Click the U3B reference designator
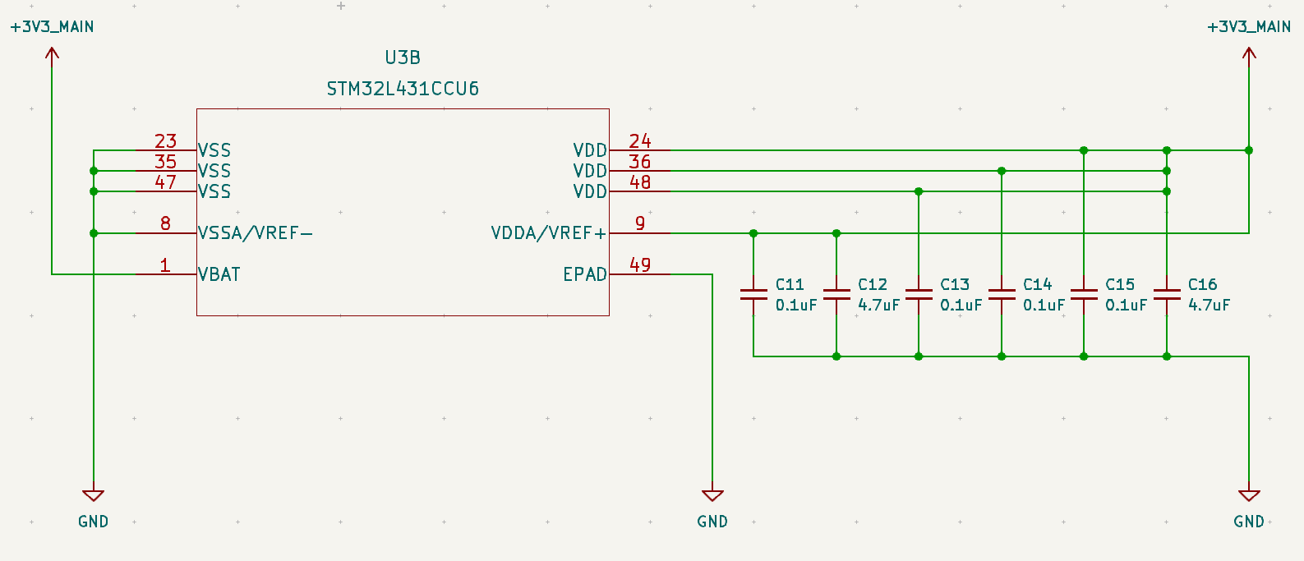click(403, 57)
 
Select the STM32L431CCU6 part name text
click(403, 89)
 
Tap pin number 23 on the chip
click(165, 141)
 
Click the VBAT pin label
click(219, 274)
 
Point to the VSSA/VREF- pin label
click(256, 233)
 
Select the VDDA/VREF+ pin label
click(548, 233)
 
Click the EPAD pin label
click(585, 274)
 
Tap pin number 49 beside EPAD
click(640, 264)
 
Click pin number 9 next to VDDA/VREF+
click(640, 223)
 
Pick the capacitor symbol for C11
click(753, 294)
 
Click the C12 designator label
click(873, 284)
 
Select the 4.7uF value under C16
click(1209, 305)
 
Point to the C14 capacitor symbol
click(1002, 294)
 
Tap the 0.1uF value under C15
click(1126, 305)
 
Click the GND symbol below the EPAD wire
click(712, 495)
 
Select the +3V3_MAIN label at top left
click(52, 27)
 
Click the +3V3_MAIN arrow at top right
click(1249, 54)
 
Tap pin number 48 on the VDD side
click(640, 182)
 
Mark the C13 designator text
click(955, 284)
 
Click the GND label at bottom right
click(1249, 522)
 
